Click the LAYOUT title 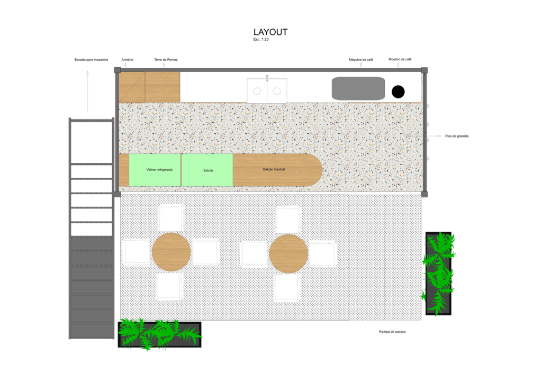[x=270, y=32]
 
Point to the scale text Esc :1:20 [x=261, y=39]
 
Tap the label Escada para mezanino [x=91, y=60]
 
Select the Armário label [x=127, y=60]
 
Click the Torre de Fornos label [x=166, y=60]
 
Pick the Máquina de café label [x=361, y=60]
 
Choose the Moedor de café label [x=400, y=59]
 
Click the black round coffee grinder [x=398, y=92]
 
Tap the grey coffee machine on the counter [x=358, y=88]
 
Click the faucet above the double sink [x=267, y=78]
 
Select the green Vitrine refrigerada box [x=155, y=170]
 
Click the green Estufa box [x=207, y=170]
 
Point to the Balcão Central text [x=274, y=169]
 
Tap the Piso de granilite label [x=457, y=136]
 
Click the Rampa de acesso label [x=392, y=332]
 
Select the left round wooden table [x=171, y=252]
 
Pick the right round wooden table [x=288, y=254]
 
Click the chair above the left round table [x=171, y=218]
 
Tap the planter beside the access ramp [x=438, y=273]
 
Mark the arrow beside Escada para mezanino [x=88, y=92]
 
